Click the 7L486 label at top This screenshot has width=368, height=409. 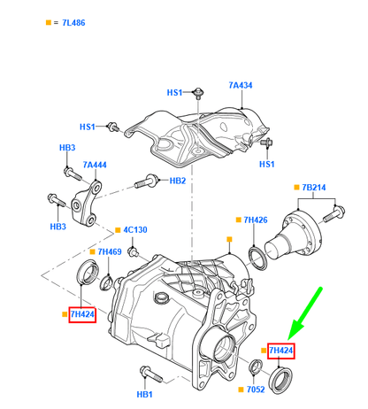coord(73,23)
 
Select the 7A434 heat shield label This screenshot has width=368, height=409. coord(241,85)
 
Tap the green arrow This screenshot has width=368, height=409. coord(305,313)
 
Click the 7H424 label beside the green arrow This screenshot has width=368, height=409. coord(281,351)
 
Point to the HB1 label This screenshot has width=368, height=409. coord(144,394)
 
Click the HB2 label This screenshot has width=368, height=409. coord(178,181)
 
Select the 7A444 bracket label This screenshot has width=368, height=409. coord(95,165)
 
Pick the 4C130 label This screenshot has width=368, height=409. coord(135,229)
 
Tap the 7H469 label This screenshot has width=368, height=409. coord(110,251)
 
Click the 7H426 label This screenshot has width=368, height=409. coord(256,220)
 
